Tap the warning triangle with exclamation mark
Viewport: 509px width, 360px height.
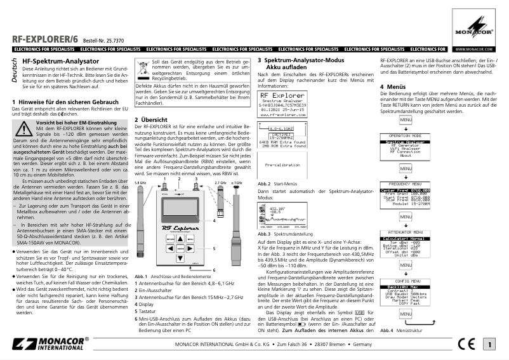tap(23, 129)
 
